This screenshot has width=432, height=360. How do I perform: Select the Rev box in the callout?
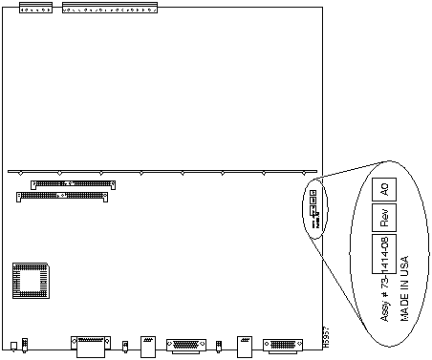(x=384, y=218)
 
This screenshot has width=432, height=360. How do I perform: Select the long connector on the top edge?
(x=111, y=10)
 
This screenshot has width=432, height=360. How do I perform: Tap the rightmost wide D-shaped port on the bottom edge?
(x=284, y=345)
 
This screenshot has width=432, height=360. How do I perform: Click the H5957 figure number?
(x=325, y=340)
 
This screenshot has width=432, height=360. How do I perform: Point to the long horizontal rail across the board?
(x=162, y=172)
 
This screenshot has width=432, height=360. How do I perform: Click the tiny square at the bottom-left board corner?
(x=12, y=345)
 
